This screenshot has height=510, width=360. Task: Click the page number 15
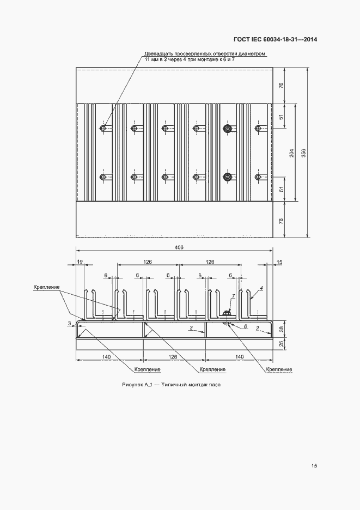point(314,466)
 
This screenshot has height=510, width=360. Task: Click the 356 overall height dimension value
point(303,153)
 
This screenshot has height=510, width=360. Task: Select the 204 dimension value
point(291,153)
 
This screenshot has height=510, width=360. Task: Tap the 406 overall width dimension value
point(179,247)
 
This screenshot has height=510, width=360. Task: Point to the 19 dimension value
point(80,262)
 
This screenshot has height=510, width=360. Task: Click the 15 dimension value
point(279,262)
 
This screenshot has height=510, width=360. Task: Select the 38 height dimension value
point(281,329)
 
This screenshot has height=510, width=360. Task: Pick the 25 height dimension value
point(281,343)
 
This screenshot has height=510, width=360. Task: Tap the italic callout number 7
point(233,296)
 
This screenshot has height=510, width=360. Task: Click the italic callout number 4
point(261,288)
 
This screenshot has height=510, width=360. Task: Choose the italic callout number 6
point(245,326)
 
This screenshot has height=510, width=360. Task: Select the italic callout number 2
point(257,329)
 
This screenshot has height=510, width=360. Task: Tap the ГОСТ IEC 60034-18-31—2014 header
point(276,39)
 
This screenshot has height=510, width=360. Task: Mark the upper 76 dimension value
point(281,85)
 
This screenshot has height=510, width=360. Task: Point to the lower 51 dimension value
point(281,189)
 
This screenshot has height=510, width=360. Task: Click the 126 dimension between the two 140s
point(173,357)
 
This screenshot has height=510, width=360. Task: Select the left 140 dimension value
point(106,357)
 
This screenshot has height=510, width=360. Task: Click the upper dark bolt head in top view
point(227,129)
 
